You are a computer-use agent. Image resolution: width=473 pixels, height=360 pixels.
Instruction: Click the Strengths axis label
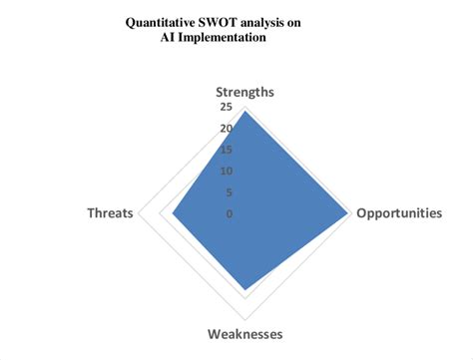243,93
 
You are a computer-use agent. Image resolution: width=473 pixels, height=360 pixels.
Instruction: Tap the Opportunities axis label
399,212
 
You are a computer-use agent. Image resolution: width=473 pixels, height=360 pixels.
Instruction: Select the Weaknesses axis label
244,333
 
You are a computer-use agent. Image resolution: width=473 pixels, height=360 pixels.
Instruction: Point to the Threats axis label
110,212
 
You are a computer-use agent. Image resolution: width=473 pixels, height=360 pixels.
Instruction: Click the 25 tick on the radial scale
228,108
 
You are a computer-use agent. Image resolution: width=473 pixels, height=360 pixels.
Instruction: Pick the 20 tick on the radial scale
228,129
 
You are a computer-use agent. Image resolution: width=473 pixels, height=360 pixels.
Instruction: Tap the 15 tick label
228,150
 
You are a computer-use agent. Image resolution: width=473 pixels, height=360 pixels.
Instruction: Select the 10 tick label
228,171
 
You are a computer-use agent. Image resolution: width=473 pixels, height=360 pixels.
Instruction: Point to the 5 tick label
231,192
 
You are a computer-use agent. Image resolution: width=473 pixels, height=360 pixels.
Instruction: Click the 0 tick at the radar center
231,213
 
